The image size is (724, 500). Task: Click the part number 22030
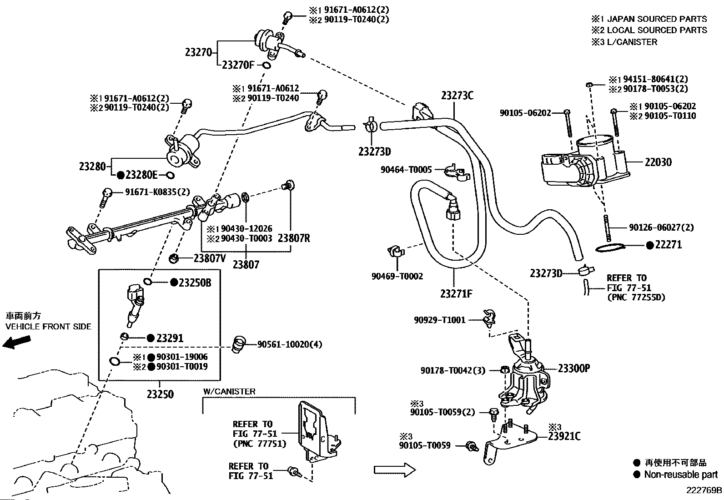(658, 162)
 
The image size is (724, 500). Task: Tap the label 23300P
(573, 368)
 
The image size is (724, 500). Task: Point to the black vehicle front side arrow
(16, 342)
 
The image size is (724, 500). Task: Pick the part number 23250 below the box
(160, 394)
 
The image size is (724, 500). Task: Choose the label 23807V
(210, 258)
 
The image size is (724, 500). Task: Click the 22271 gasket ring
(610, 247)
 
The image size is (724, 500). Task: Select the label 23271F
(456, 294)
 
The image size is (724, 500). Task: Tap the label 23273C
(457, 96)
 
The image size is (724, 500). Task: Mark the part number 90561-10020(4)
(289, 344)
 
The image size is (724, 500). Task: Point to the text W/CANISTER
(229, 391)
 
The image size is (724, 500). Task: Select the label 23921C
(564, 436)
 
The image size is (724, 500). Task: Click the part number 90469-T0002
(397, 276)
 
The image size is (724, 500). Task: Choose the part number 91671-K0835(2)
(157, 192)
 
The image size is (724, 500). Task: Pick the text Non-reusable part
(681, 475)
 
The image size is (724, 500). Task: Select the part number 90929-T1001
(439, 320)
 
